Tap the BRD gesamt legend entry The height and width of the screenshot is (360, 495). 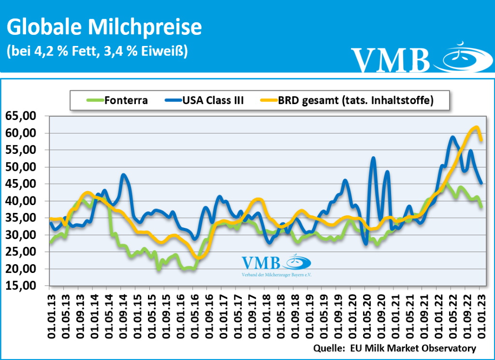pos(348,101)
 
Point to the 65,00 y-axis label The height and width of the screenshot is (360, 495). pos(23,116)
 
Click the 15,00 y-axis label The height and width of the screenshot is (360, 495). pos(23,286)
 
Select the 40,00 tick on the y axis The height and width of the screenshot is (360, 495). pos(23,201)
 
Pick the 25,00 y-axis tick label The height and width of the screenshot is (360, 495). pos(23,252)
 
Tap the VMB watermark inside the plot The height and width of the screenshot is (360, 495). pos(276,264)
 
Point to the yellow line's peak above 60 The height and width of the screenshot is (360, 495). pos(476,127)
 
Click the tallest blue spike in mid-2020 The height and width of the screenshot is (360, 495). pos(373,158)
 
